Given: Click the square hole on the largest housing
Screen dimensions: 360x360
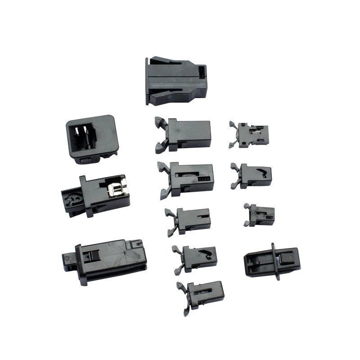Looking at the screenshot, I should [x=202, y=71].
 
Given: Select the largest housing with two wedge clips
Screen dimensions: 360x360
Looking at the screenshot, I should [x=175, y=81].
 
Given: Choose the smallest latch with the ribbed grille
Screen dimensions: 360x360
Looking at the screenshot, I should [x=260, y=214].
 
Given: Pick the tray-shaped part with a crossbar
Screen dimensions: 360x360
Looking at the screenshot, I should [x=272, y=261].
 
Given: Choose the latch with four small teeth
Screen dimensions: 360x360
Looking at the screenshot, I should [x=187, y=177].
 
